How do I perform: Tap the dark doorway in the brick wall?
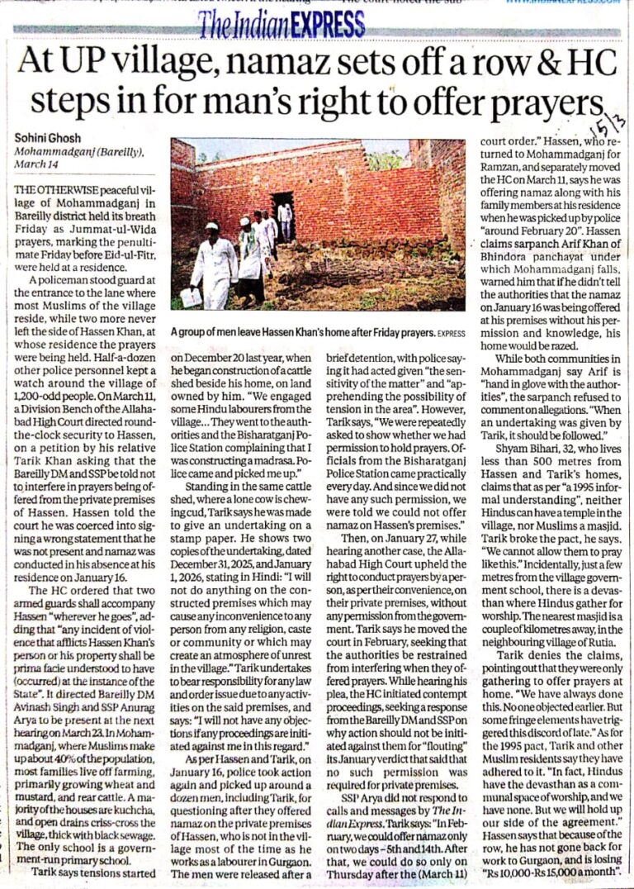click(x=283, y=217)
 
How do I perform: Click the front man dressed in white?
click(x=214, y=264)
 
